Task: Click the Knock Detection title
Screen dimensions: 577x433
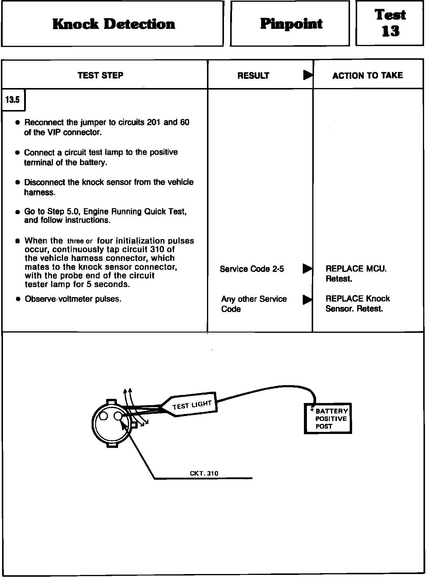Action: coord(114,24)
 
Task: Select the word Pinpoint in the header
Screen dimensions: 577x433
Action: coord(291,24)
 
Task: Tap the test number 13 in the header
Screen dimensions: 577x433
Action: coord(390,31)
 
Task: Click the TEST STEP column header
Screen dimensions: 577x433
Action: coord(101,76)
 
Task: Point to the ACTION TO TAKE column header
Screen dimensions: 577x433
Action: coord(368,76)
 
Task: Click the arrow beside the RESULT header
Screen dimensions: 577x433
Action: coord(308,75)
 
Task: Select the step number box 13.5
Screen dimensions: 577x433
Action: coord(12,100)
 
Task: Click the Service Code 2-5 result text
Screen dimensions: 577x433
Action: coord(252,269)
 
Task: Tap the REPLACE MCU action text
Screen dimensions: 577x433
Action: coord(356,269)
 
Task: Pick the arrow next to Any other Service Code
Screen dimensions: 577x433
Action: coord(307,300)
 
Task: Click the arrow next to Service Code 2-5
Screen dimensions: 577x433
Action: coord(307,269)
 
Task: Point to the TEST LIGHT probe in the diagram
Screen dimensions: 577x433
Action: coord(192,406)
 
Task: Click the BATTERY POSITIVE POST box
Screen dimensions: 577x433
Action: coord(328,418)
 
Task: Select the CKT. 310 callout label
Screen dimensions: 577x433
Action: coord(204,473)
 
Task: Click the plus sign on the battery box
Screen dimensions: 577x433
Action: coord(312,410)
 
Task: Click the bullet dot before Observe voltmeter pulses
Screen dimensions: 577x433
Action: coord(18,299)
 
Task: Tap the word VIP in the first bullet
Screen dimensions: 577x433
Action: coord(54,133)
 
